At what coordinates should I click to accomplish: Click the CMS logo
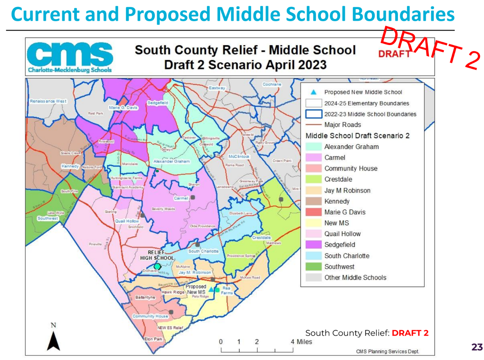pos(70,57)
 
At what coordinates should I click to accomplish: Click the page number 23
pos(477,347)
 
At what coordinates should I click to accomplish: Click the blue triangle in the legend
pos(313,92)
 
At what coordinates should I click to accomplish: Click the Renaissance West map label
pos(48,101)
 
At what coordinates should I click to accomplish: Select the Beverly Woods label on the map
pos(163,209)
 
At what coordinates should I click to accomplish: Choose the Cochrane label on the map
pos(272,84)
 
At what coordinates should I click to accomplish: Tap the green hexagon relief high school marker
pos(157,267)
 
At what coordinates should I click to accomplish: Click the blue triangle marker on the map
pos(211,290)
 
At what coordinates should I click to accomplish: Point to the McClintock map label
pos(239,157)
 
